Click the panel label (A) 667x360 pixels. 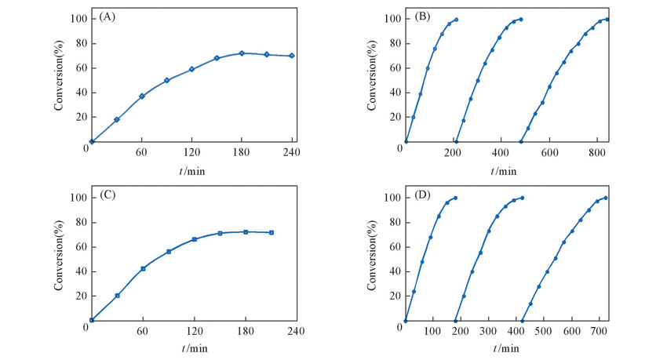tap(105, 18)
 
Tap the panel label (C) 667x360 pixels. tap(105, 196)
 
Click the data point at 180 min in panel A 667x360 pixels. tap(242, 53)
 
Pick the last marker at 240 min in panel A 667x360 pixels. tap(292, 56)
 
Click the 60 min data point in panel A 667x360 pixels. tap(142, 96)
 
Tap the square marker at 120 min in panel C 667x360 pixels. tap(194, 239)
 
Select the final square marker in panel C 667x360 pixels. tap(272, 232)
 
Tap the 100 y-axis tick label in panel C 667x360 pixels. tap(76, 198)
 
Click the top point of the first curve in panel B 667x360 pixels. tap(456, 20)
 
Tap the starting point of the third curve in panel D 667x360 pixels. tap(522, 321)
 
